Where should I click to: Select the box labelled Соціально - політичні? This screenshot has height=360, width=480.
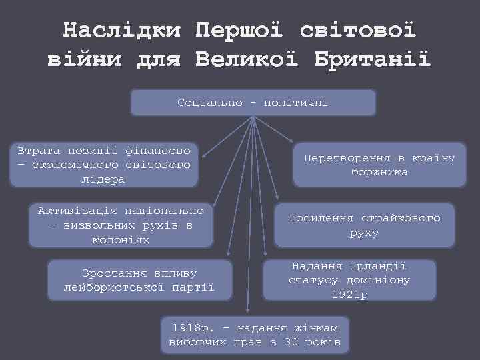point(253,103)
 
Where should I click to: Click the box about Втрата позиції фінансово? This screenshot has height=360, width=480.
point(103,164)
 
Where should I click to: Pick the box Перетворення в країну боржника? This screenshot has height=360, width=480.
point(379,165)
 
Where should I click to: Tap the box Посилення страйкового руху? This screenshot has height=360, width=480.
point(364,225)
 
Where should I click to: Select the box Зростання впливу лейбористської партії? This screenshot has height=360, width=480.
point(139,280)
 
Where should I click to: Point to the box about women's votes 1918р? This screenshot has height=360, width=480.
point(255,335)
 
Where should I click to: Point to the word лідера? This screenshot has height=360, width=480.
point(103,179)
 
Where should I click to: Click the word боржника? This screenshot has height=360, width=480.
point(379,172)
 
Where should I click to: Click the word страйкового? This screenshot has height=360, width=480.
point(401,218)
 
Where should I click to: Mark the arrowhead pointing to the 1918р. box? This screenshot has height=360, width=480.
point(248,311)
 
